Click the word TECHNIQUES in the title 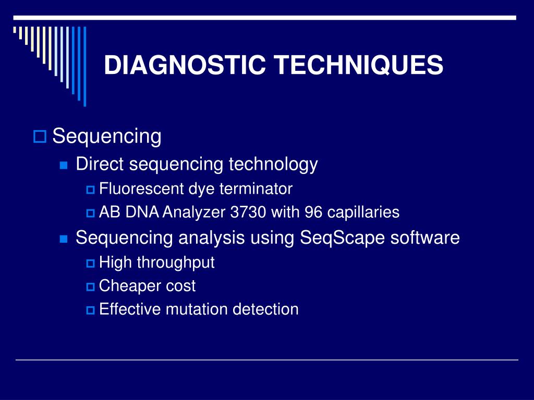pyautogui.click(x=359, y=66)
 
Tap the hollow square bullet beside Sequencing pyautogui.click(x=40, y=137)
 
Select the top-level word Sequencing pyautogui.click(x=107, y=137)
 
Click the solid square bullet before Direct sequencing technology pyautogui.click(x=64, y=166)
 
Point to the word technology pyautogui.click(x=273, y=165)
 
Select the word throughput pyautogui.click(x=176, y=263)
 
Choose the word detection pyautogui.click(x=265, y=309)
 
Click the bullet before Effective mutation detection pyautogui.click(x=90, y=310)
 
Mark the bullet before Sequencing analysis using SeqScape pyautogui.click(x=64, y=240)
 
